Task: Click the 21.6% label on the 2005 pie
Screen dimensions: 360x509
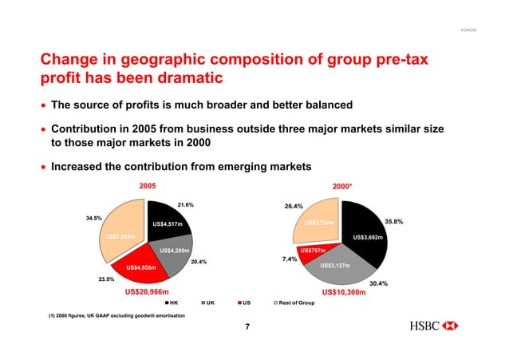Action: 186,204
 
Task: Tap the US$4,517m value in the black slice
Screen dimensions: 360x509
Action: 167,224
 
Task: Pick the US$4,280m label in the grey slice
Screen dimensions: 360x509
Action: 174,251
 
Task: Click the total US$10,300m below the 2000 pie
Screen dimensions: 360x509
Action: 343,293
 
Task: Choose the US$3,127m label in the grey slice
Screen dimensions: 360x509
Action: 335,265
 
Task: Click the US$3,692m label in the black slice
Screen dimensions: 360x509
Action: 369,237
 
